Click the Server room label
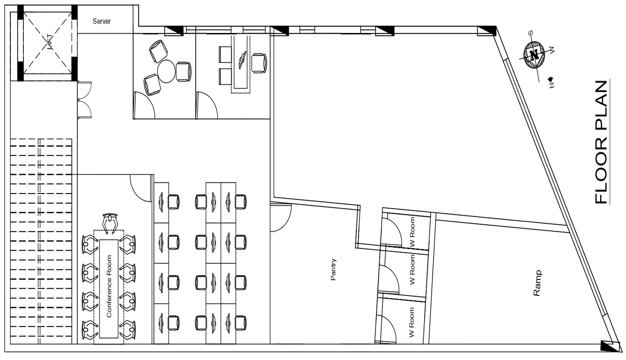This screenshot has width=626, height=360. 102,21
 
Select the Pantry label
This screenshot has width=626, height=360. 333,269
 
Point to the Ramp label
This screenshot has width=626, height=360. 537,283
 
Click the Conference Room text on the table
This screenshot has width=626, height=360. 109,286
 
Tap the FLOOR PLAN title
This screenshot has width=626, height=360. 601,142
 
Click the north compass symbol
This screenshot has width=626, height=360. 534,55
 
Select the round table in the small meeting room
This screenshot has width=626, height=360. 166,71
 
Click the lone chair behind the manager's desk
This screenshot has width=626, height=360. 259,63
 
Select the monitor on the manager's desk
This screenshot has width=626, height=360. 242,60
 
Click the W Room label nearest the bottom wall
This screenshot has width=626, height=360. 411,322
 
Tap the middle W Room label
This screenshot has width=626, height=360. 412,269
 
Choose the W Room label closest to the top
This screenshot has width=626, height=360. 412,232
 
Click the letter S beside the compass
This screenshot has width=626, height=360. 531,33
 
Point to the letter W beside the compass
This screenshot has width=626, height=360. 552,50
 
